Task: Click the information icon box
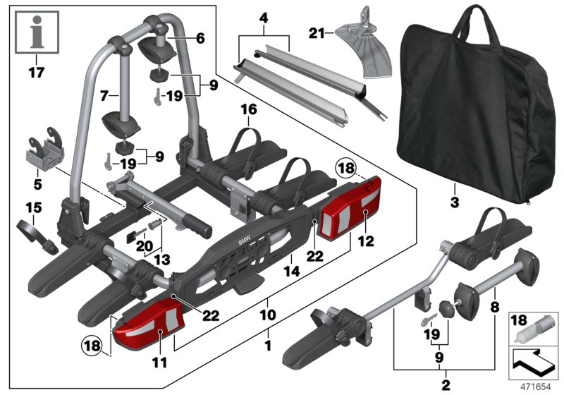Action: pos(34,32)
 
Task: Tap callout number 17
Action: pos(34,71)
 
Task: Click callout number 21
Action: pos(317,32)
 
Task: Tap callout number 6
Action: pos(200,39)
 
